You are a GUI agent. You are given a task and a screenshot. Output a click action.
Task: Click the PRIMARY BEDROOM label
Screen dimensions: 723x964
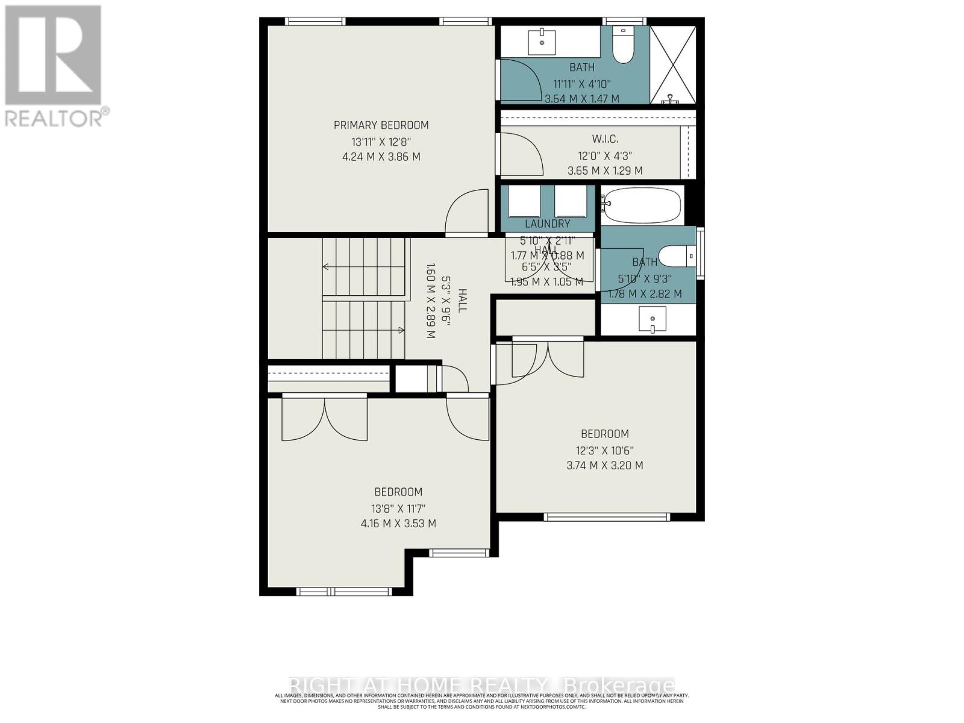click(381, 125)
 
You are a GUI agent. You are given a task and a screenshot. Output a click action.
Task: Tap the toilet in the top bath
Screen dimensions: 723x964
click(622, 45)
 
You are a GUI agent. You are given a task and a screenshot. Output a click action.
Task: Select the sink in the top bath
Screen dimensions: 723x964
click(542, 41)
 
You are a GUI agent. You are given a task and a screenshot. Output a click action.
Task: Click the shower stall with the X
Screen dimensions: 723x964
click(673, 64)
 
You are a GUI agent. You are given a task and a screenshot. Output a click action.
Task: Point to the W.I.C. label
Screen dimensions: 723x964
click(605, 139)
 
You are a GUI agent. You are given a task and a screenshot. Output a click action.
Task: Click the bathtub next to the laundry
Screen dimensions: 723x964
click(642, 205)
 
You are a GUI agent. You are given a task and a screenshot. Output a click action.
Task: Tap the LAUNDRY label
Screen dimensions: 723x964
click(547, 224)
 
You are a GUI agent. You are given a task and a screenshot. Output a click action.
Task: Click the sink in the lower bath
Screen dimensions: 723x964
click(652, 319)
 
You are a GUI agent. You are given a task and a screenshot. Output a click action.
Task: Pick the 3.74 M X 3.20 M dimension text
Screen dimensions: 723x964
click(605, 465)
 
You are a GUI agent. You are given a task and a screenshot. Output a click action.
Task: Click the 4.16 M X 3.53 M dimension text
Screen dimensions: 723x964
click(398, 523)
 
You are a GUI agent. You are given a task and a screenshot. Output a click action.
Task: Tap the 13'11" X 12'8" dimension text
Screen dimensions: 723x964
click(381, 142)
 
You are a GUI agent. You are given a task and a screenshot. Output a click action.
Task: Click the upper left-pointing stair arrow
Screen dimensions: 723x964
click(327, 266)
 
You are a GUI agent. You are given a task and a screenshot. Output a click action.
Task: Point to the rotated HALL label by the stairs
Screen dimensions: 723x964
click(462, 300)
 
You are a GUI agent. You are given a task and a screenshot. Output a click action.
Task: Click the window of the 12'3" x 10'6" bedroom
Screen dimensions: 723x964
click(606, 517)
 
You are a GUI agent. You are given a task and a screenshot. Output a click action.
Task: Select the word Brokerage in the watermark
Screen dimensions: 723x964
click(618, 686)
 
